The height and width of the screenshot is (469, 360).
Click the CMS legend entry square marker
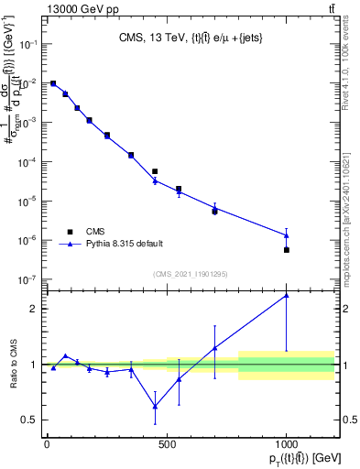[69, 232]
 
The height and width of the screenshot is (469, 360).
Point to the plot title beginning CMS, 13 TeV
[191, 39]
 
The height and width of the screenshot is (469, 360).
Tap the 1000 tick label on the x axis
[286, 445]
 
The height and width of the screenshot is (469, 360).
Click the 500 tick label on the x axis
[167, 445]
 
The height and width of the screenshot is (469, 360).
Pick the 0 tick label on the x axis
[47, 445]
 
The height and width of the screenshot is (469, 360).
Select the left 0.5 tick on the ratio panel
[29, 420]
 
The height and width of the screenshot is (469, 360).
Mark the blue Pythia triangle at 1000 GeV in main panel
[287, 235]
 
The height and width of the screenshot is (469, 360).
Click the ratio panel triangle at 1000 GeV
[287, 295]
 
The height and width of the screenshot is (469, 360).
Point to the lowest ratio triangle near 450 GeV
[155, 407]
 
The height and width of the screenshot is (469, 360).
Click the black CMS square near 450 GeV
[155, 171]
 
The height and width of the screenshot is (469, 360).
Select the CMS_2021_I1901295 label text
[191, 273]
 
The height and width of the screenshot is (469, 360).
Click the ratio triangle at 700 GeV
[214, 348]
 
